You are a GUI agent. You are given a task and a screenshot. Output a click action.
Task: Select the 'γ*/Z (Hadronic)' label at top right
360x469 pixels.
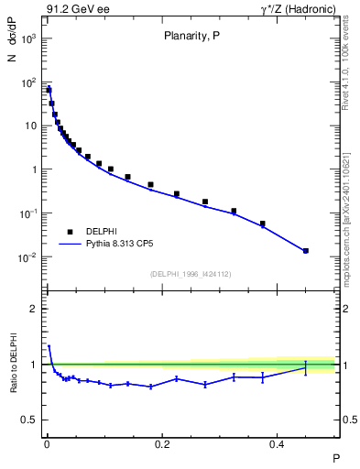click(300, 10)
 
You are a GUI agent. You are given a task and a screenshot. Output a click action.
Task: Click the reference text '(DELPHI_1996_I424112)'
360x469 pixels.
click(191, 273)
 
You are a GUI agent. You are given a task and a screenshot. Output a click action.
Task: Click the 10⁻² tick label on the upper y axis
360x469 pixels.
click(29, 257)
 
